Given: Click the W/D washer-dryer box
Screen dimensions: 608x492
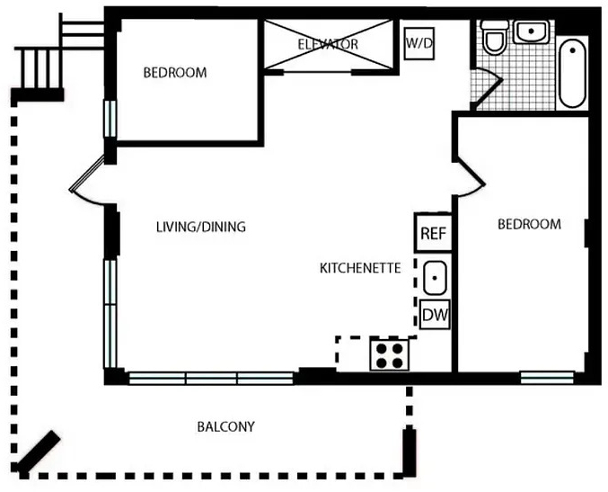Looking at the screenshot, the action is (419, 43).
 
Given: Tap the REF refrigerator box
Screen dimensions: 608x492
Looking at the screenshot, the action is (433, 233).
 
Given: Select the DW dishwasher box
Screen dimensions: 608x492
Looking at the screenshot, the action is (435, 315).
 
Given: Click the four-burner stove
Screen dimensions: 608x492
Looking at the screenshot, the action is (389, 354).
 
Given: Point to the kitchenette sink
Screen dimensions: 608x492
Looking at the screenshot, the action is (435, 278).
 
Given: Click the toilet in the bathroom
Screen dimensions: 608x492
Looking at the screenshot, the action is (494, 37).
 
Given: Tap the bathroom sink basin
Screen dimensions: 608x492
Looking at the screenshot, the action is (532, 31).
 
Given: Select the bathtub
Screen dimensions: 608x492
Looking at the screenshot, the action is (572, 73).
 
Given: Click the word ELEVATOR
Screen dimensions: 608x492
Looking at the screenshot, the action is (328, 44).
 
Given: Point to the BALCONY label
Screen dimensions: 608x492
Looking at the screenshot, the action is (226, 426).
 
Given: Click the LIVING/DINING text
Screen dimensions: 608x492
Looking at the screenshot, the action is (201, 227).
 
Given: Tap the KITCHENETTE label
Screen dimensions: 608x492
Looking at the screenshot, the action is (360, 268).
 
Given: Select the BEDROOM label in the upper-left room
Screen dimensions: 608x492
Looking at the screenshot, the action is (175, 73).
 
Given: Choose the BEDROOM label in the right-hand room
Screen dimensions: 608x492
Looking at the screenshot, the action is (529, 224).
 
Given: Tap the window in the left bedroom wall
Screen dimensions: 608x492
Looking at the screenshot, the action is (110, 119).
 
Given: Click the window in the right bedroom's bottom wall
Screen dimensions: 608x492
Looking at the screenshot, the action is (547, 378).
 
